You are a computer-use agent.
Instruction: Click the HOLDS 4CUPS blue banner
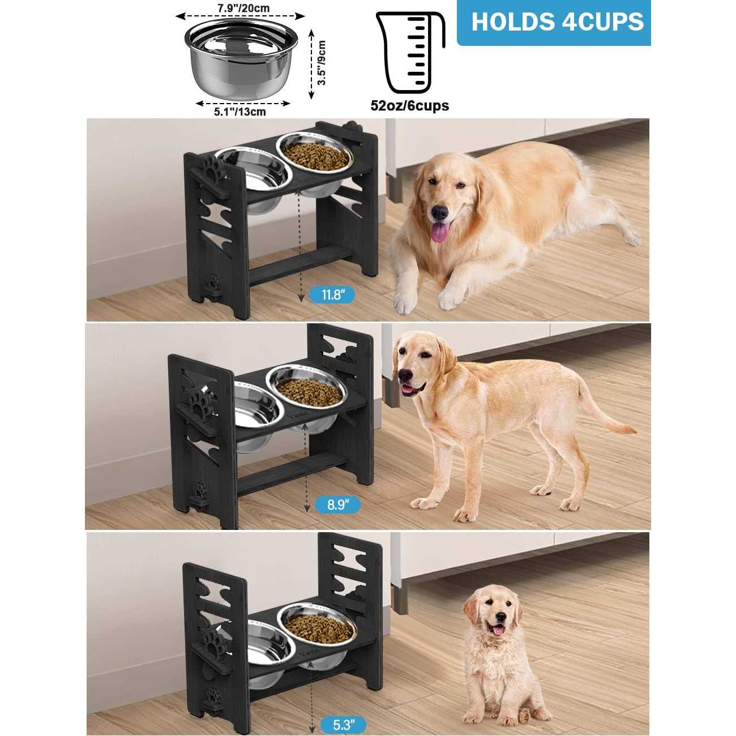tap(554, 23)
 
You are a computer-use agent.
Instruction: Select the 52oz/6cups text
tap(410, 106)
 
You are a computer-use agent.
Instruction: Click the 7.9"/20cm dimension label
tap(243, 8)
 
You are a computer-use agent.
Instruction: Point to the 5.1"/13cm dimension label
tap(240, 112)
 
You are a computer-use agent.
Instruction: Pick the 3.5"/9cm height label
tap(322, 62)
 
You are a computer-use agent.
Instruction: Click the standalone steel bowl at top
tap(241, 57)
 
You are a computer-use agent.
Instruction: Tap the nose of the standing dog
tap(405, 375)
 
